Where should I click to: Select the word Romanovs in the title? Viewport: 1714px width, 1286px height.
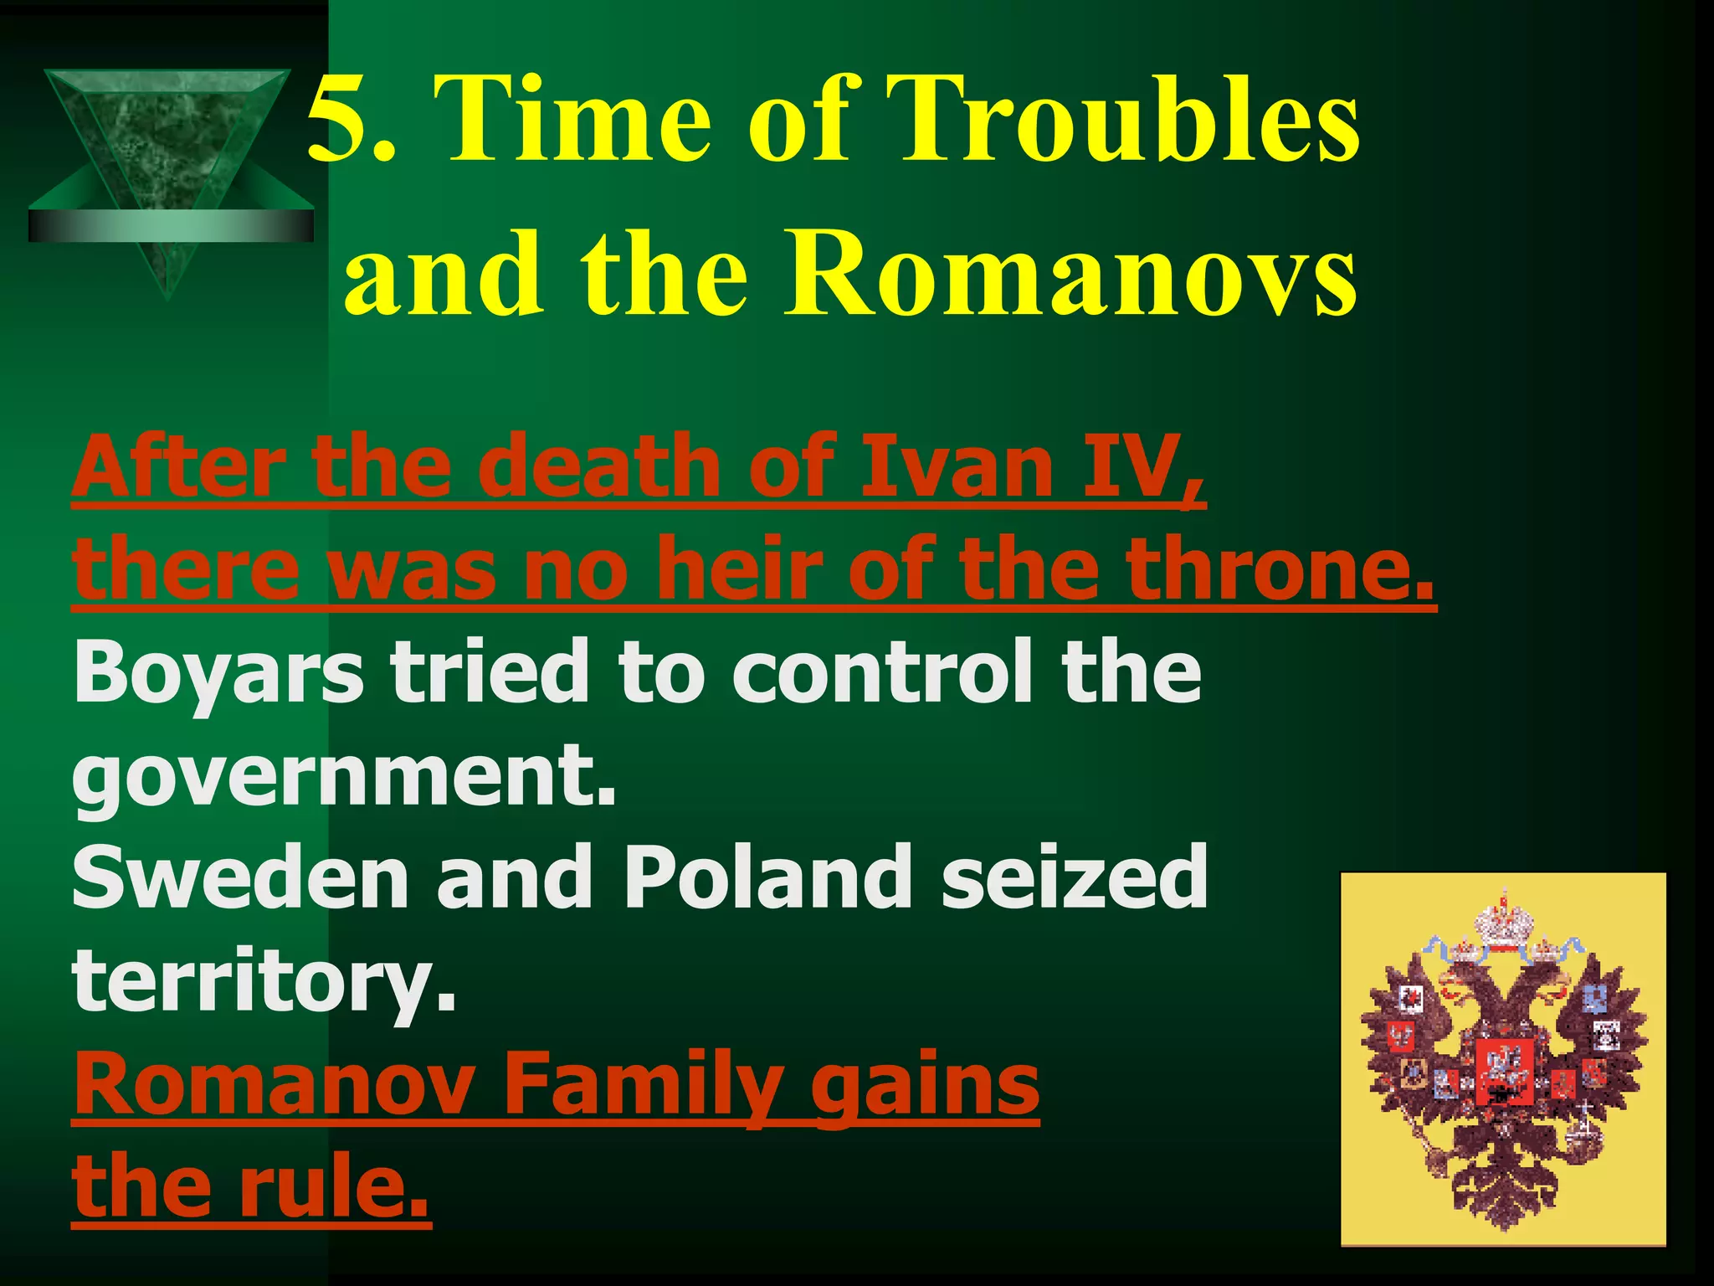(1069, 274)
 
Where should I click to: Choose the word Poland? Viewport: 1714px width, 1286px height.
(768, 878)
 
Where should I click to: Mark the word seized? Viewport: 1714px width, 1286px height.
(1075, 878)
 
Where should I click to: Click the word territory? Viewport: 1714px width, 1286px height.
(264, 981)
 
